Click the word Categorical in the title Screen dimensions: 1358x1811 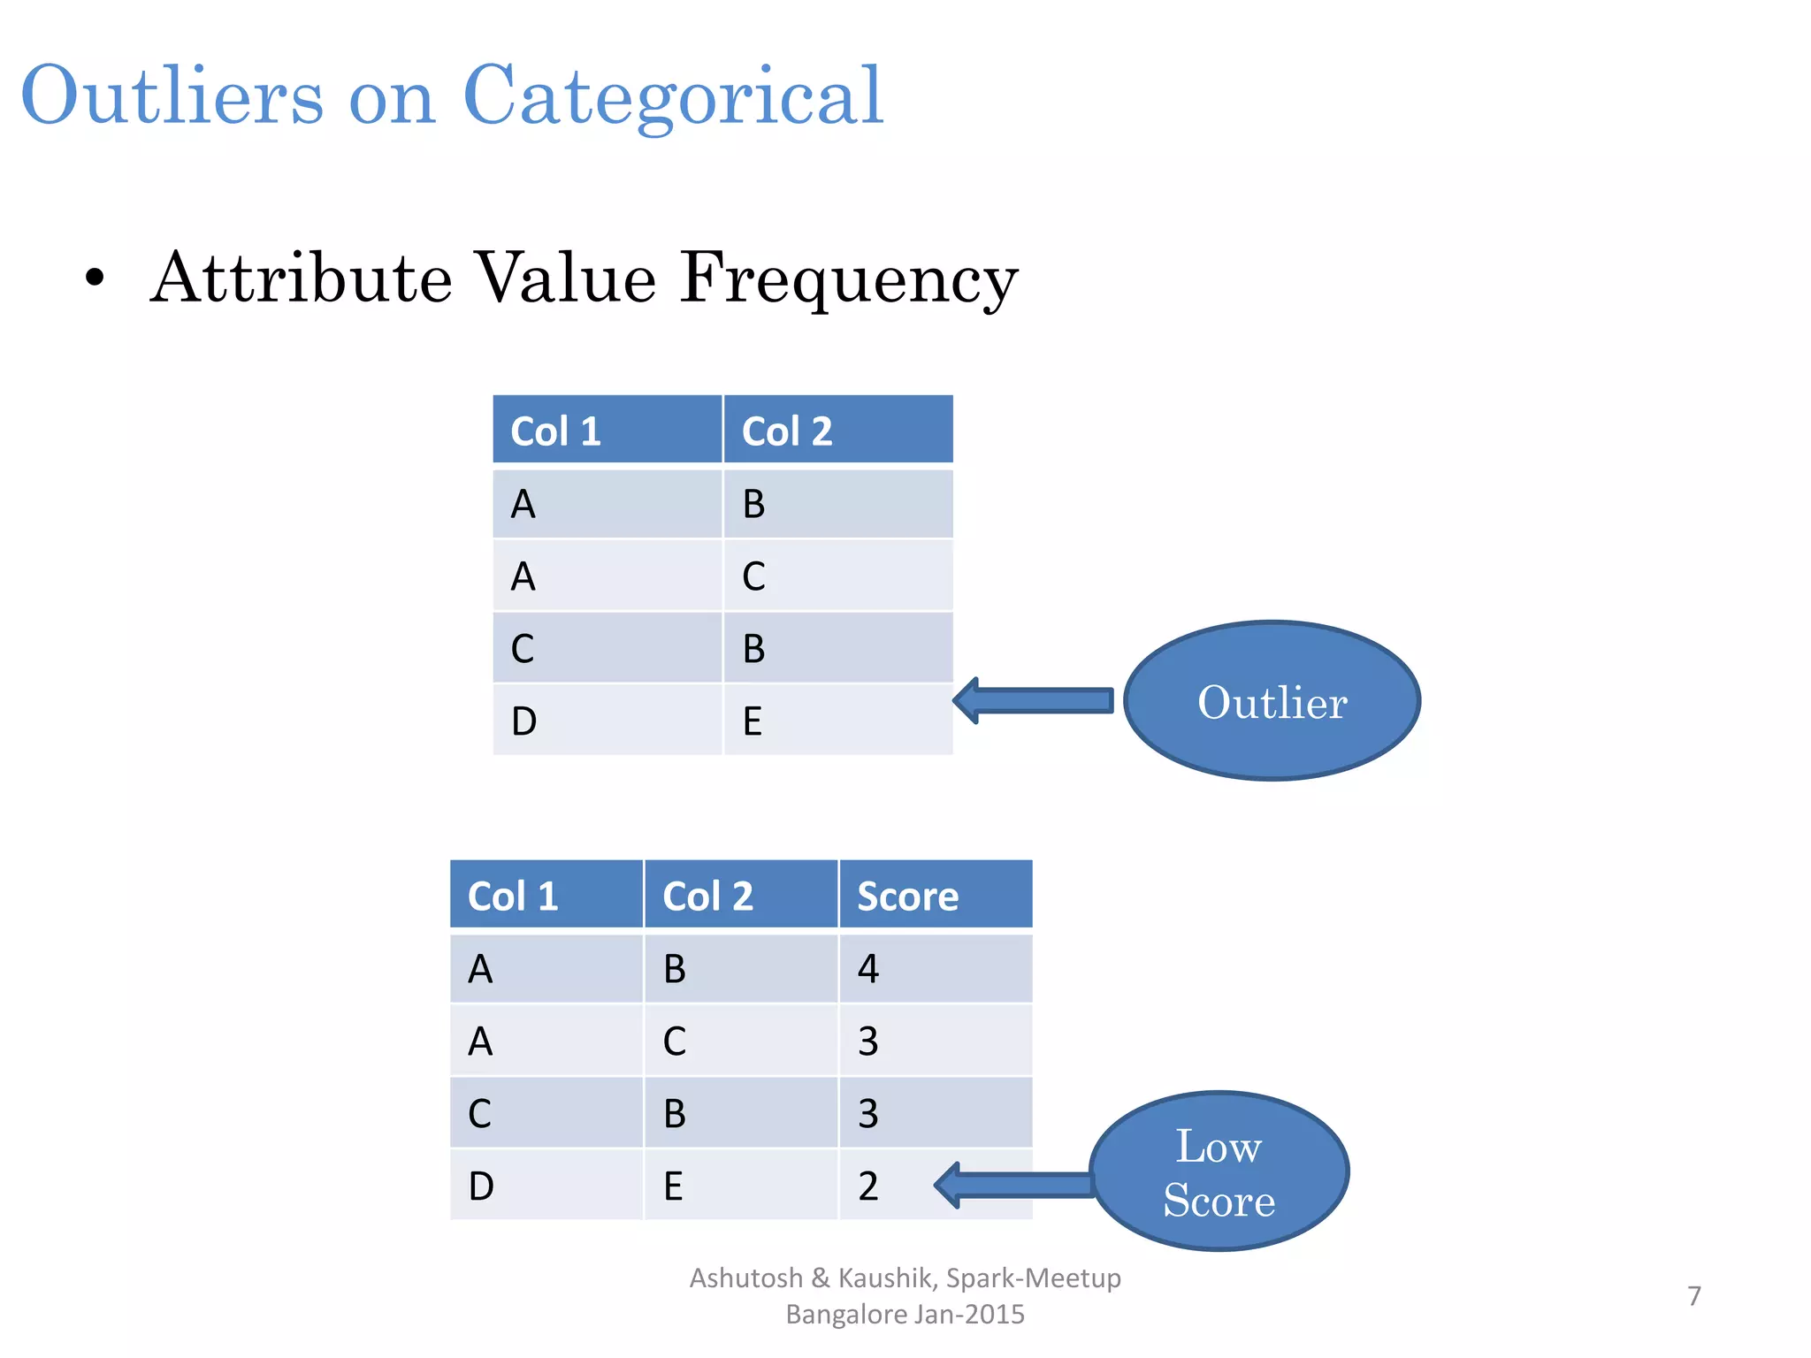pyautogui.click(x=673, y=95)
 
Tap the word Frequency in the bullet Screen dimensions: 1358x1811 pyautogui.click(x=849, y=278)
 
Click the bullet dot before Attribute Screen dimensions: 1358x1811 pyautogui.click(x=95, y=279)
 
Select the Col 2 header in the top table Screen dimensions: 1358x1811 pyautogui.click(x=837, y=431)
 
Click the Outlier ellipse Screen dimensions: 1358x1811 pyautogui.click(x=1272, y=701)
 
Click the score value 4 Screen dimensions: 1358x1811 pyautogui.click(x=868, y=969)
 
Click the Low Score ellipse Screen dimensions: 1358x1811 pyautogui.click(x=1219, y=1172)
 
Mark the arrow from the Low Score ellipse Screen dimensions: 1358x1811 pyautogui.click(x=1014, y=1185)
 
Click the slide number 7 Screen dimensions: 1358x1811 pyautogui.click(x=1693, y=1296)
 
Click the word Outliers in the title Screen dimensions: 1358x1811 pyautogui.click(x=172, y=95)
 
